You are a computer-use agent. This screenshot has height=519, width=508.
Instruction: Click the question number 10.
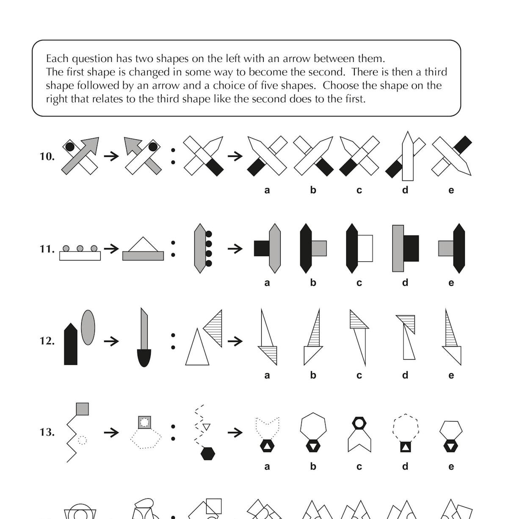coord(47,156)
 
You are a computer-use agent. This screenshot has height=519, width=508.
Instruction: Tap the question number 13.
coord(47,432)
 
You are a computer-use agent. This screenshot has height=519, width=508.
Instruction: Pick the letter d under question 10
coord(405,190)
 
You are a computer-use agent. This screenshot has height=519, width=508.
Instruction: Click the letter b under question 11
coord(313,283)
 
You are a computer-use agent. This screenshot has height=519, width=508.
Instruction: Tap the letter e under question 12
coord(451,375)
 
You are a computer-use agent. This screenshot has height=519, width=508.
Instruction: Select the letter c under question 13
coord(359,466)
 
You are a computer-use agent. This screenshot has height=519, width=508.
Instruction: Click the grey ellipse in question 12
coord(88,327)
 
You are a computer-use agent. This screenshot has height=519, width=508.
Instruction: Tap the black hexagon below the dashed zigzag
coord(207,453)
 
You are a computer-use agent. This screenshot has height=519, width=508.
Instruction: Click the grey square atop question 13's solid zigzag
coord(82,409)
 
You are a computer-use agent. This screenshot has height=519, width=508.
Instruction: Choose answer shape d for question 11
coord(405,248)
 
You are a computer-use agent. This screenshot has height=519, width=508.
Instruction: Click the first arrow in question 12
coord(112,341)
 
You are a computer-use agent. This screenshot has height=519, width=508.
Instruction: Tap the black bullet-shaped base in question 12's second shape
coord(144,358)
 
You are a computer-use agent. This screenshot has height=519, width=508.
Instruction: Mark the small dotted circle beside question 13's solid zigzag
coord(83,440)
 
